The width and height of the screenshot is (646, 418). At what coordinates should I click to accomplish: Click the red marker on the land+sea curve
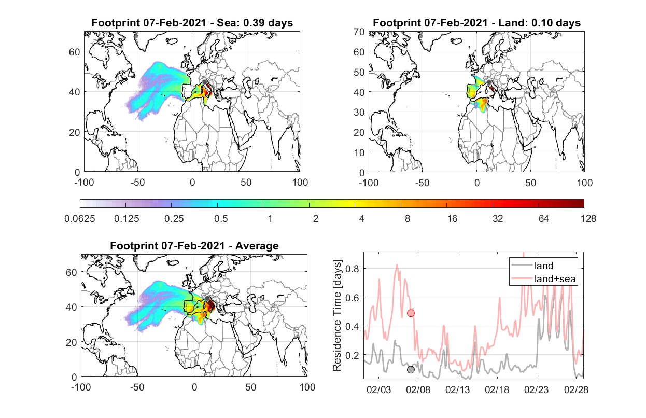411,313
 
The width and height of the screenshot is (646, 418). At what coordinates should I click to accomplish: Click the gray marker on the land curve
411,370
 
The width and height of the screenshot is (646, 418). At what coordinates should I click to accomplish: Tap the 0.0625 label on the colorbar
80,219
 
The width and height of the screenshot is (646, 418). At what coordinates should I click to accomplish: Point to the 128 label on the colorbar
588,219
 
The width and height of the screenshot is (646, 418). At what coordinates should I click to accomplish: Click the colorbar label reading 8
407,219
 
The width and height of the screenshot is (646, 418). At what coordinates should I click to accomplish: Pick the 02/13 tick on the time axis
457,389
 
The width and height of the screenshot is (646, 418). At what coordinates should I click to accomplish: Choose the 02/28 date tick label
576,389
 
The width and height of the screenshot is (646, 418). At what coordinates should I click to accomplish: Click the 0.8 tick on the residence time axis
352,269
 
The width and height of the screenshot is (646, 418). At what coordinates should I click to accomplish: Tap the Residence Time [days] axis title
337,315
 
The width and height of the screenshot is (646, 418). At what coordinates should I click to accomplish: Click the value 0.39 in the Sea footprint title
254,23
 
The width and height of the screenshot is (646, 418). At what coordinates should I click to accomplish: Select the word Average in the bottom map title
257,246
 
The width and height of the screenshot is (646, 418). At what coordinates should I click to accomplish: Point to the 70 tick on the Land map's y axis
359,32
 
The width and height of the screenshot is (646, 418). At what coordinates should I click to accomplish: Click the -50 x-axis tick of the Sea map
137,183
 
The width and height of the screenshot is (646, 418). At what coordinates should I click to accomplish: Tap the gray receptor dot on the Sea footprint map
204,82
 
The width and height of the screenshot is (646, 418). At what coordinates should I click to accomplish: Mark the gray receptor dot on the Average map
207,299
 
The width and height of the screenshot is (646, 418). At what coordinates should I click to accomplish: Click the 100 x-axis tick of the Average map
307,387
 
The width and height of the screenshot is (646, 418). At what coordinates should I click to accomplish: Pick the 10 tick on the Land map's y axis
359,152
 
